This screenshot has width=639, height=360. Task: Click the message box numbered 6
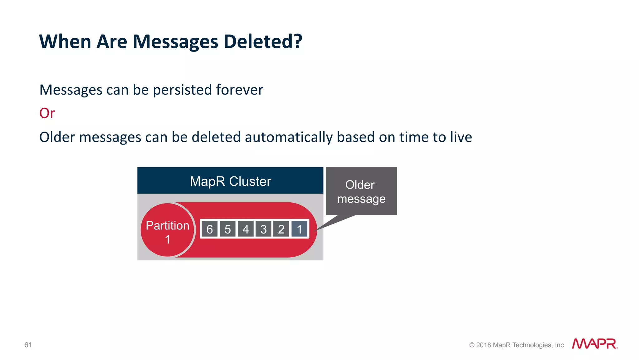tap(209, 229)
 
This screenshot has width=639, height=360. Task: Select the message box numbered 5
tap(227, 229)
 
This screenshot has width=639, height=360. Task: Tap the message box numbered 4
tap(246, 229)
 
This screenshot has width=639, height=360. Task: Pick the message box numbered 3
tap(264, 229)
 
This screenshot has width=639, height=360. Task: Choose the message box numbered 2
tap(281, 229)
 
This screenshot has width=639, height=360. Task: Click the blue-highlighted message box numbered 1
tap(300, 229)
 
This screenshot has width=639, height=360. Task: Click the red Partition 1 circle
tap(168, 230)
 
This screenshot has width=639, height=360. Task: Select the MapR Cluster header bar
tap(230, 181)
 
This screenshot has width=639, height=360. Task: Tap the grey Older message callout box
tap(361, 191)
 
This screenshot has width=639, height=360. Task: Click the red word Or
tap(47, 113)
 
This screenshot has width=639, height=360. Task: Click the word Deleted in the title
tap(263, 42)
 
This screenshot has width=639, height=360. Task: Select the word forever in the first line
tap(239, 90)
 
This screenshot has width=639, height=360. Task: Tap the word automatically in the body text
tap(289, 137)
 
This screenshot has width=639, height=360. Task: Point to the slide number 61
tap(28, 345)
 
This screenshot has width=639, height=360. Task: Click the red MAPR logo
tap(594, 344)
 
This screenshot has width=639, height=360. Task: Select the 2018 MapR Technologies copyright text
tap(516, 345)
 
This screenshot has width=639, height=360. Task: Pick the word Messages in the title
tap(175, 42)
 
